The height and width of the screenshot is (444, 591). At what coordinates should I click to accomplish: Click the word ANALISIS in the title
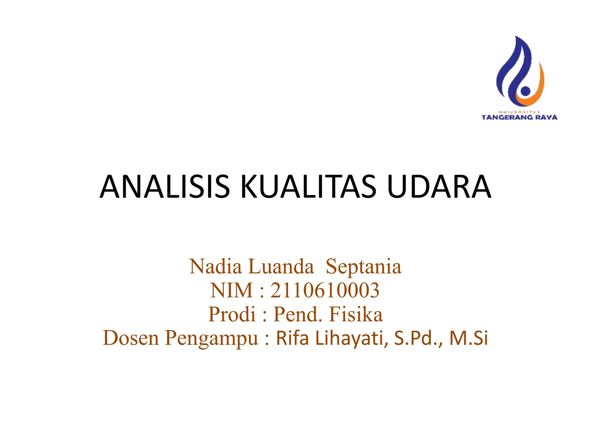coord(164,187)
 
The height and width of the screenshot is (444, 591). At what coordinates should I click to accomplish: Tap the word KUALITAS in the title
coord(308,187)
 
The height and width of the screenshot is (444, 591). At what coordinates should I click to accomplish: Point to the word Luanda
coord(281,267)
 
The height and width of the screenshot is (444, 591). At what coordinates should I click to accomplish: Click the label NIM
coord(232,291)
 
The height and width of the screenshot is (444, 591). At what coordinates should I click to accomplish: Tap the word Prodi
coord(232,314)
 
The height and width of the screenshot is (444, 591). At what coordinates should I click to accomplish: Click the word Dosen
coord(131,338)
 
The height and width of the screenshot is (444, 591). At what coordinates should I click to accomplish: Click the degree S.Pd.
coord(416,338)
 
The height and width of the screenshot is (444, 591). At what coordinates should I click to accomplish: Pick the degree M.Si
coord(469,338)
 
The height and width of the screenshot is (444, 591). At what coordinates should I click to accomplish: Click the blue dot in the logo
coord(525,91)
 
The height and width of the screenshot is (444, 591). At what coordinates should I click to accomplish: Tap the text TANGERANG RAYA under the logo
coord(519,117)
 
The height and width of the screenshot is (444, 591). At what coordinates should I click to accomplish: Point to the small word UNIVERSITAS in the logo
coord(519,112)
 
